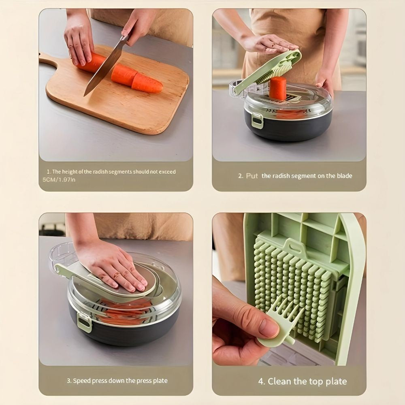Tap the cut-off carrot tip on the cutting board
(x=147, y=83)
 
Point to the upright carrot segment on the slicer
(x=278, y=88)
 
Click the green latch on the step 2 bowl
(x=258, y=121)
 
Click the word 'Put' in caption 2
(x=252, y=176)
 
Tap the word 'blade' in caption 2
(x=344, y=176)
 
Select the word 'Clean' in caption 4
(x=280, y=382)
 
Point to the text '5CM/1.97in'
(x=59, y=179)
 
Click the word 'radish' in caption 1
(x=100, y=172)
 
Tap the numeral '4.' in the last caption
(x=262, y=382)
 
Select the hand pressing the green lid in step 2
(x=269, y=43)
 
